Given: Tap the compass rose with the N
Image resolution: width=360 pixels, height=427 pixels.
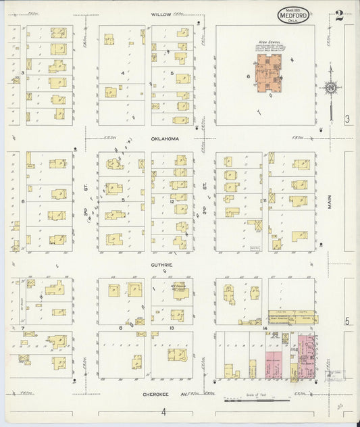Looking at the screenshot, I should click(x=330, y=88).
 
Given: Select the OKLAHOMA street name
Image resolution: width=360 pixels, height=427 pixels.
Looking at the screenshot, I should click(x=165, y=139).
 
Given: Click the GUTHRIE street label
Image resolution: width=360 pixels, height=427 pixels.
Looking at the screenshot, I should click(x=162, y=266).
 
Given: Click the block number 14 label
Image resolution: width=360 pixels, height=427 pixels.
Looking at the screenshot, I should click(x=265, y=328).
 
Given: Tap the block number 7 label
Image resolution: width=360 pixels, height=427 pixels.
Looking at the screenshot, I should click(x=23, y=328).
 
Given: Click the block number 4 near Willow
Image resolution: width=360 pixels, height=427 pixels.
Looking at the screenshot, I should click(x=122, y=72).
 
